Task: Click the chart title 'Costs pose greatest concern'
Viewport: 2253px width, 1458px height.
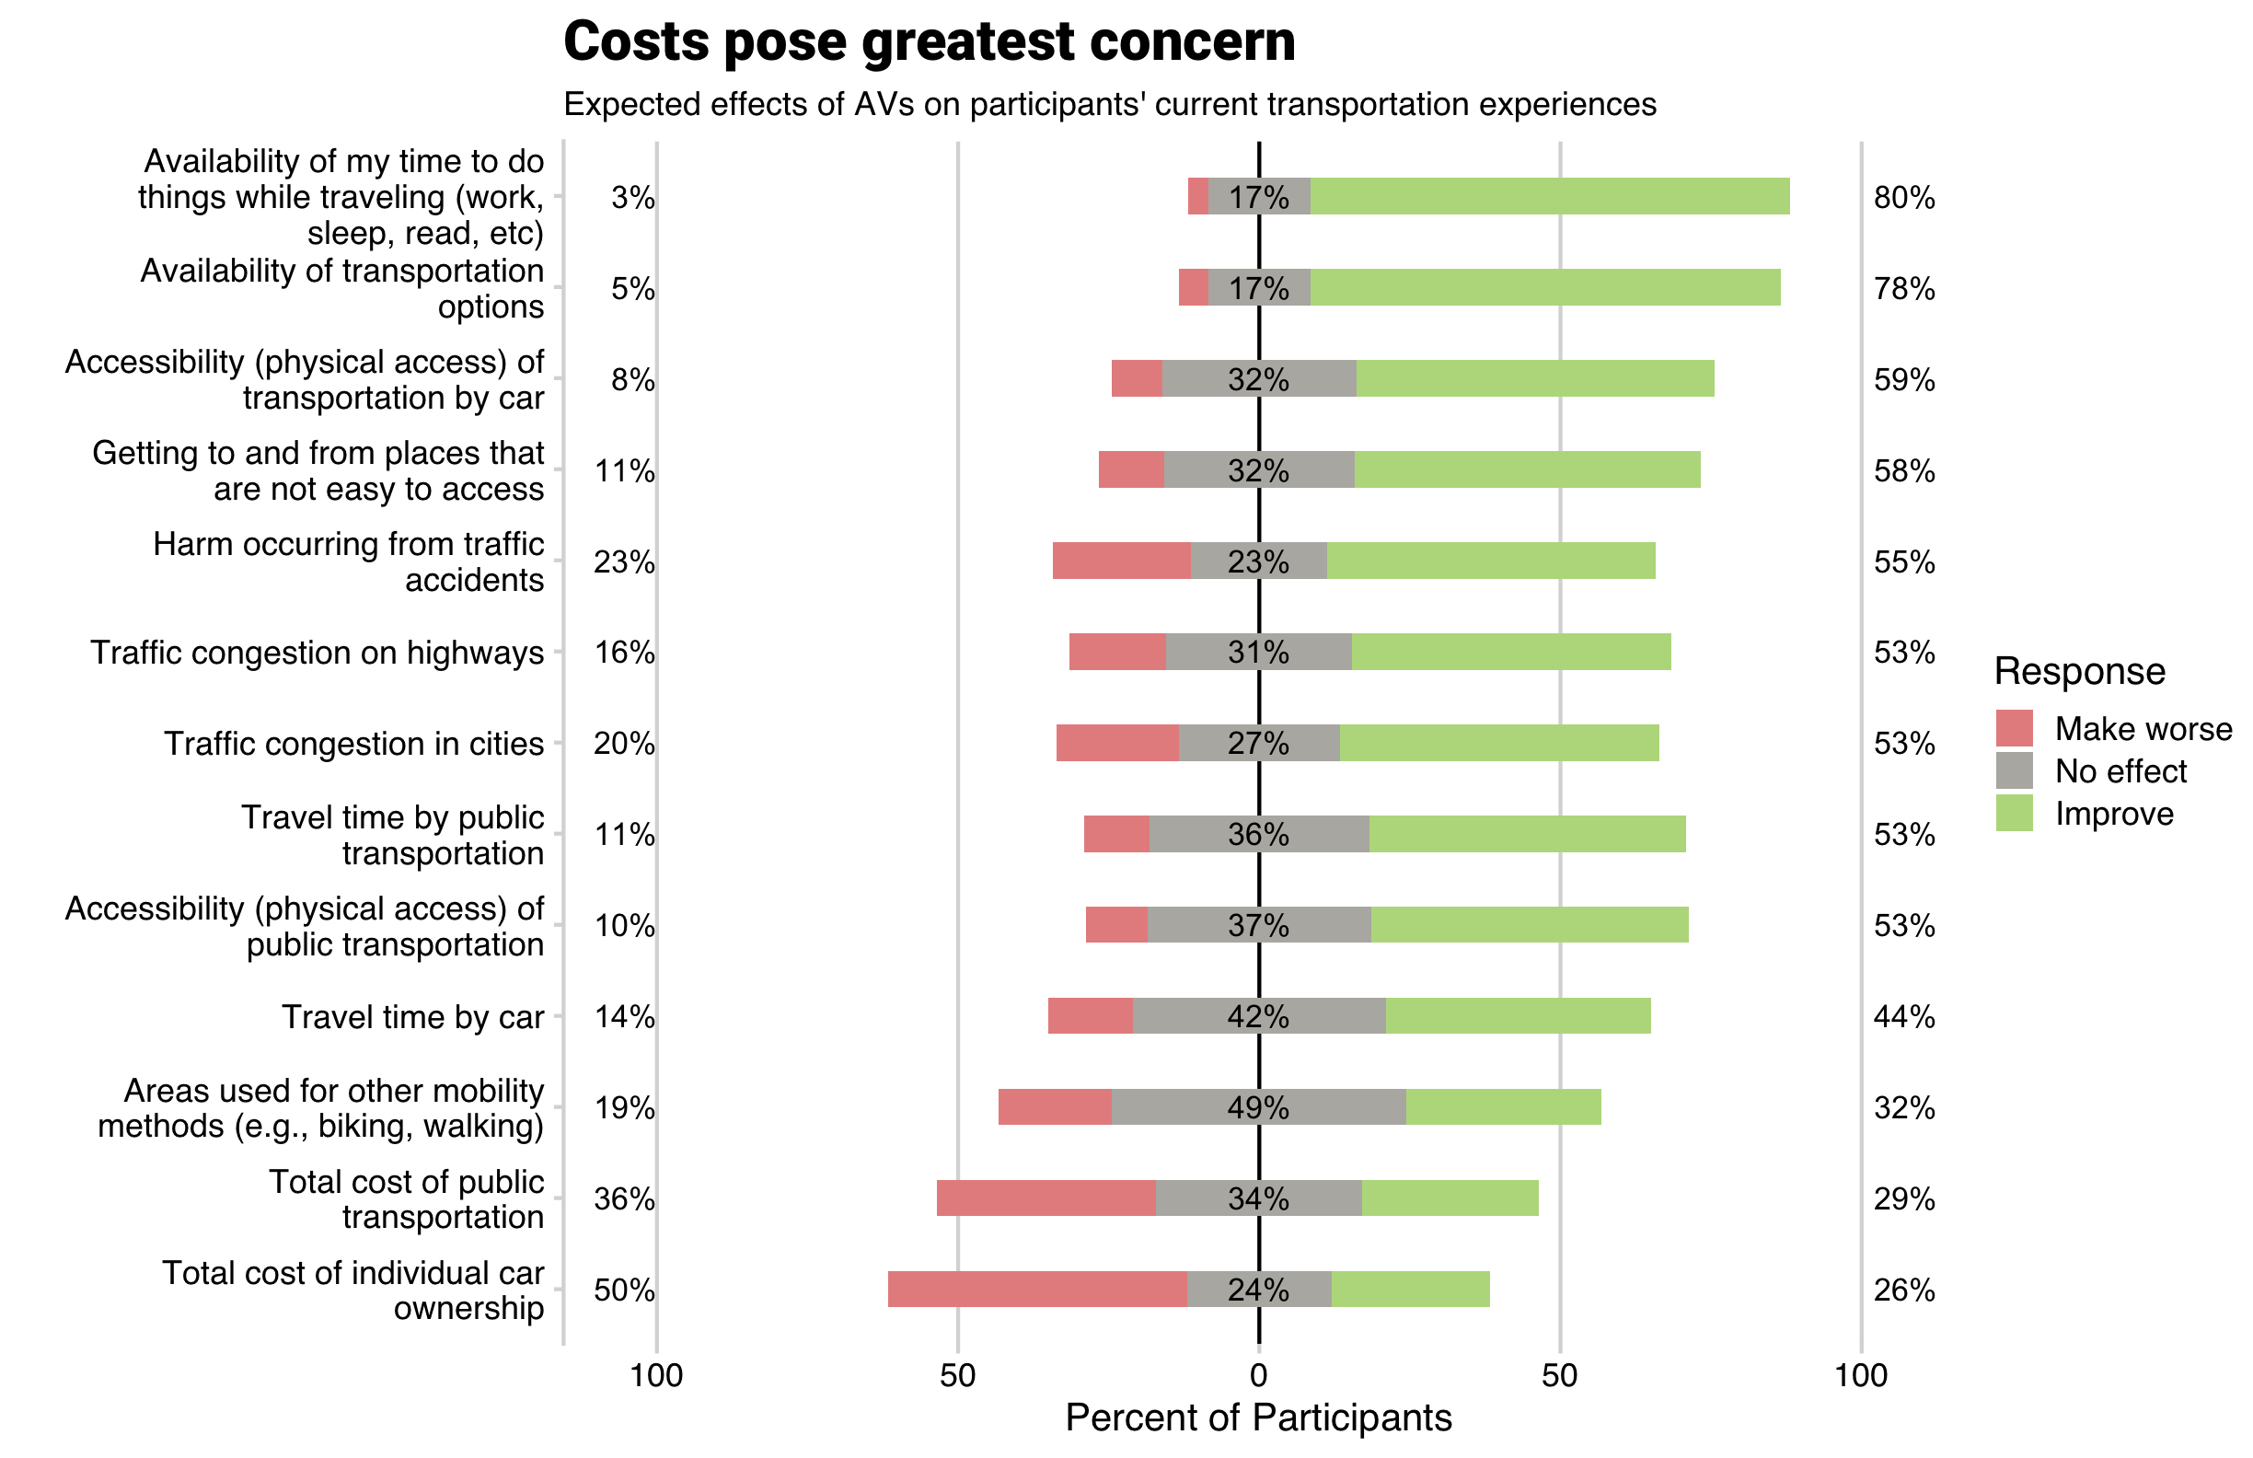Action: tap(929, 42)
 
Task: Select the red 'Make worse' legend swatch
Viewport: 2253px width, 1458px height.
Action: tap(2014, 728)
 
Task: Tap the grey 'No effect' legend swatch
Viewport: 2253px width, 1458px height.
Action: tap(2014, 770)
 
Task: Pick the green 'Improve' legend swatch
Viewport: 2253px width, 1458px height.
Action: tap(2014, 814)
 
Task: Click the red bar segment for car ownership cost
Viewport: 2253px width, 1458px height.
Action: tap(1036, 1289)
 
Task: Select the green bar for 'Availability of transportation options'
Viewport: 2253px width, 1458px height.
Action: tap(1544, 288)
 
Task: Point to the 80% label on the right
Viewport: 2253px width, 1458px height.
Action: tap(1903, 198)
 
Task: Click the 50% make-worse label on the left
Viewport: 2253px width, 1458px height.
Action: tap(624, 1290)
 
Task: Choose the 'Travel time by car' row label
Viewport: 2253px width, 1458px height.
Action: tap(412, 1017)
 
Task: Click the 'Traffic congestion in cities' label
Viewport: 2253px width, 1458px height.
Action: tap(354, 743)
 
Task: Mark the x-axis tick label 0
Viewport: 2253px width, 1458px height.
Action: tap(1258, 1376)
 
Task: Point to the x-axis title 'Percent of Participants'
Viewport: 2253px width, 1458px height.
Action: tap(1258, 1417)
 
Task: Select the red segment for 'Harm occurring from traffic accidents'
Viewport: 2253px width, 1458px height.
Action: tap(1121, 561)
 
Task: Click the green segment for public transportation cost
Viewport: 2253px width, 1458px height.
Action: tap(1450, 1198)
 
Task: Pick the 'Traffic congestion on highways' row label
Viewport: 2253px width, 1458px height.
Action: tap(318, 653)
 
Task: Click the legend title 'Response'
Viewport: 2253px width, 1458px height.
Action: tap(2079, 671)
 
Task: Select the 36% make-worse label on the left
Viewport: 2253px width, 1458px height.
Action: tap(624, 1198)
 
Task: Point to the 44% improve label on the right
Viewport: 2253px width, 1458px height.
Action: tap(1903, 1016)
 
